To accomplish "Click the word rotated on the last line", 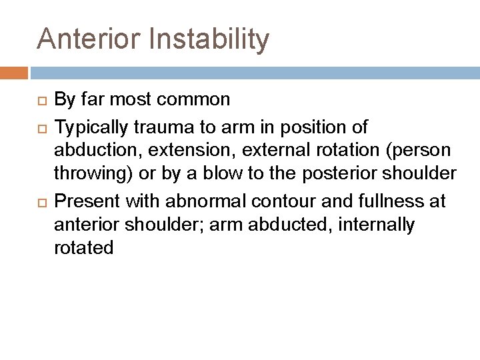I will point(83,249).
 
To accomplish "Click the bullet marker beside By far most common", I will point(41,101).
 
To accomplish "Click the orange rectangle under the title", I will point(14,73).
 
